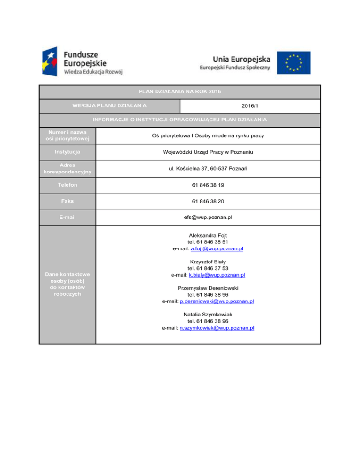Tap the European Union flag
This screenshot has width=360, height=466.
293,62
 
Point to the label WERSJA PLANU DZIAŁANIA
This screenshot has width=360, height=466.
109,105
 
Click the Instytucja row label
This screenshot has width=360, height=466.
67,152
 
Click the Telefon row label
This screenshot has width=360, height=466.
67,185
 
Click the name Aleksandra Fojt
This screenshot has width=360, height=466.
208,235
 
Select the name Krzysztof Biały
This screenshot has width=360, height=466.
208,262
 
